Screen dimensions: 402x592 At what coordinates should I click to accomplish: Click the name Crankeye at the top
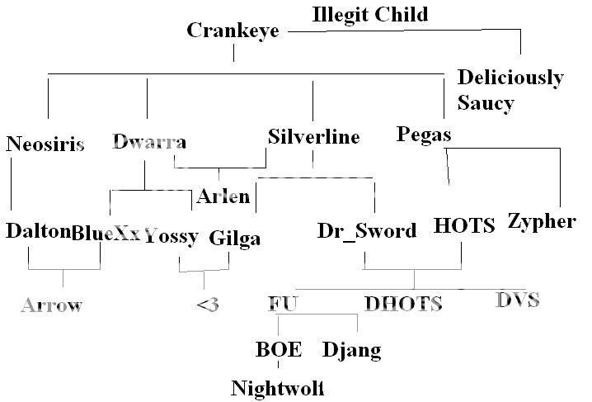(233, 31)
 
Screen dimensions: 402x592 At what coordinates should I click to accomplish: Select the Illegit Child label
(371, 14)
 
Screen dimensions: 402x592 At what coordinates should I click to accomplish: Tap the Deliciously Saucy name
(510, 90)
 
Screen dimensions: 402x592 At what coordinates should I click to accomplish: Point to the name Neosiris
(45, 145)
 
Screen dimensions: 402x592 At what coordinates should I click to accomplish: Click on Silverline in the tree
(314, 137)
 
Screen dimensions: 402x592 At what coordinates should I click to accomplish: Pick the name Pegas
(424, 134)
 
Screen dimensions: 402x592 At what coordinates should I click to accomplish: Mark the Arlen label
(223, 196)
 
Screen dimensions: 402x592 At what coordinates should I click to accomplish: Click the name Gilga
(235, 239)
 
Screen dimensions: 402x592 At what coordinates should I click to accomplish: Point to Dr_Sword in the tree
(367, 231)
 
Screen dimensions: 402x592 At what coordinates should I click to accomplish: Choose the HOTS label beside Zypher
(464, 225)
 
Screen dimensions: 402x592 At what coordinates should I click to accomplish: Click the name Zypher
(542, 221)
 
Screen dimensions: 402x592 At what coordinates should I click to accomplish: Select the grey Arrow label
(52, 305)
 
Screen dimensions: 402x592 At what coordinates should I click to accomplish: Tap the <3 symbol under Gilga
(208, 305)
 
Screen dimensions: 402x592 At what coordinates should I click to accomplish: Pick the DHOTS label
(403, 305)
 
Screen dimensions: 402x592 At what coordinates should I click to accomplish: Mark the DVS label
(518, 299)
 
